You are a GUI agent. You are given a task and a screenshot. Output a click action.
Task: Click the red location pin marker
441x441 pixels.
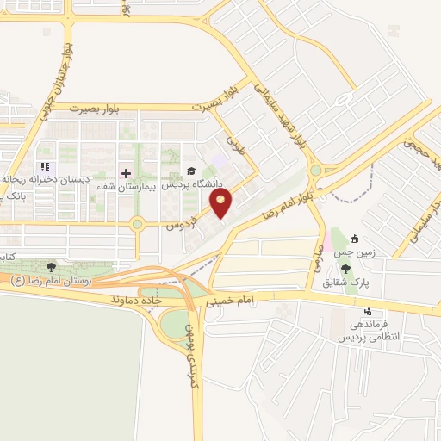coord(221,204)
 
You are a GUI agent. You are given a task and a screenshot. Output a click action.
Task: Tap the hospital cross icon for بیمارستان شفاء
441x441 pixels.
coord(126,172)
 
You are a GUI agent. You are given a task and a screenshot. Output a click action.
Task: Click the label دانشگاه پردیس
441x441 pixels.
coord(198,184)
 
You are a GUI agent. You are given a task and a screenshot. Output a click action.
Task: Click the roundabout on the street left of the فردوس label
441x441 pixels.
coord(136,225)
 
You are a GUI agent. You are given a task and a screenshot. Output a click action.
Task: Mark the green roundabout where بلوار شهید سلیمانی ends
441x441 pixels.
coord(316,171)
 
